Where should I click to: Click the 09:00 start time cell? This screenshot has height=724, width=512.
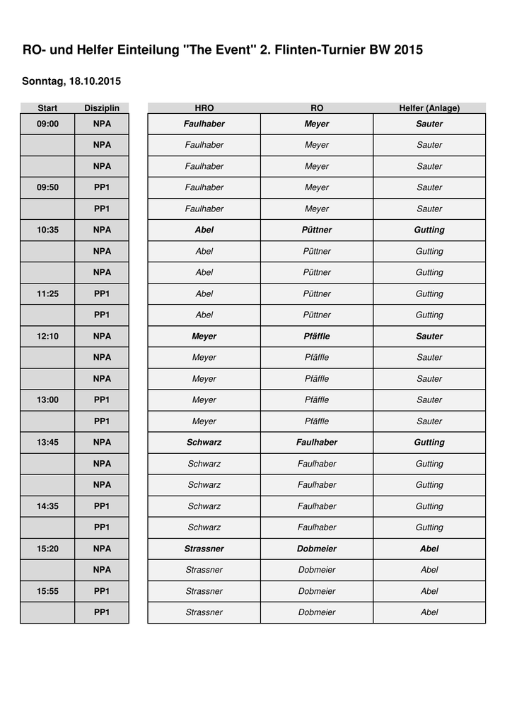pyautogui.click(x=47, y=124)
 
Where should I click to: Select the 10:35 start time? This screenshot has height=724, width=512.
pyautogui.click(x=47, y=230)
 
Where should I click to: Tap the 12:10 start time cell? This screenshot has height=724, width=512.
pyautogui.click(x=47, y=336)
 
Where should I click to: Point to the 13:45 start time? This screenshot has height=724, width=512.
pyautogui.click(x=47, y=442)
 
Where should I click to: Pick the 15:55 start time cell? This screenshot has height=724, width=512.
pyautogui.click(x=47, y=591)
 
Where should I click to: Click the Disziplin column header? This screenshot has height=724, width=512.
pyautogui.click(x=102, y=108)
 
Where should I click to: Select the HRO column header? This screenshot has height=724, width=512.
pyautogui.click(x=204, y=108)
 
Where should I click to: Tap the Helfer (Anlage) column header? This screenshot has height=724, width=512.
pyautogui.click(x=429, y=108)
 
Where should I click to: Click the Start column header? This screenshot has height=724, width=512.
pyautogui.click(x=47, y=108)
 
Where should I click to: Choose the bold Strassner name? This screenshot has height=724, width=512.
pyautogui.click(x=204, y=549)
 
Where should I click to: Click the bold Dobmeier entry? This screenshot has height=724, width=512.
pyautogui.click(x=317, y=549)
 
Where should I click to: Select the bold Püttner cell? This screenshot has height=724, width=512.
pyautogui.click(x=317, y=230)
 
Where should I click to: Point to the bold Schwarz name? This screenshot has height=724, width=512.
pyautogui.click(x=204, y=442)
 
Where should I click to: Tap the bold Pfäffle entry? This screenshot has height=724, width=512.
pyautogui.click(x=317, y=336)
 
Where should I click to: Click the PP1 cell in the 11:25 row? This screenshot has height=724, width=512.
pyautogui.click(x=102, y=293)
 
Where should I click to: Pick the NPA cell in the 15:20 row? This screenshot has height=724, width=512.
pyautogui.click(x=102, y=549)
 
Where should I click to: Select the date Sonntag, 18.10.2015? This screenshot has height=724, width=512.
pyautogui.click(x=71, y=81)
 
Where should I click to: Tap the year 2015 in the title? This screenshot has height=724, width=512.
pyautogui.click(x=408, y=50)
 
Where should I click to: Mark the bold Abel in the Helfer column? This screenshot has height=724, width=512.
pyautogui.click(x=429, y=549)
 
